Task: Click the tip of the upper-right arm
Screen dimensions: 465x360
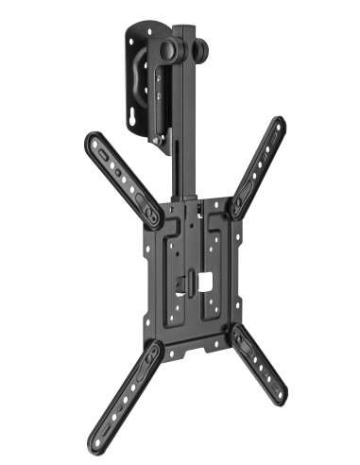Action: [279, 123]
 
